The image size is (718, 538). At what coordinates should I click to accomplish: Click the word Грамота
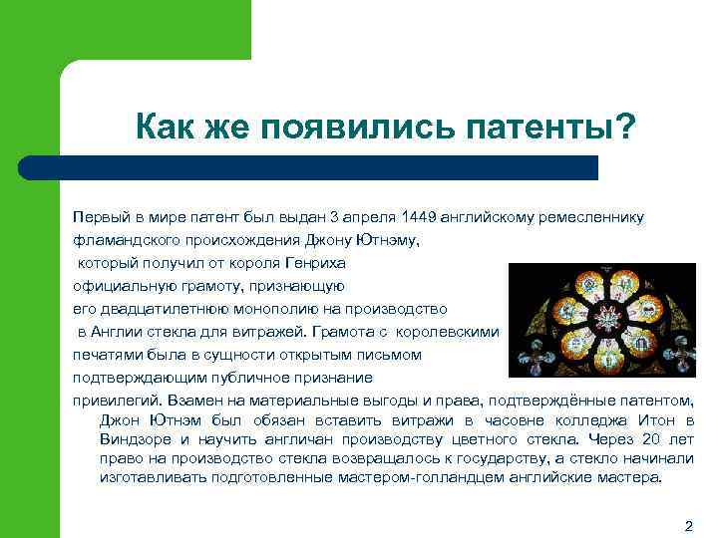351,332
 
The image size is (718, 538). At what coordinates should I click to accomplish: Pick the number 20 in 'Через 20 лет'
651,439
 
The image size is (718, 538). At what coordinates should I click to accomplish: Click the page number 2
688,524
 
